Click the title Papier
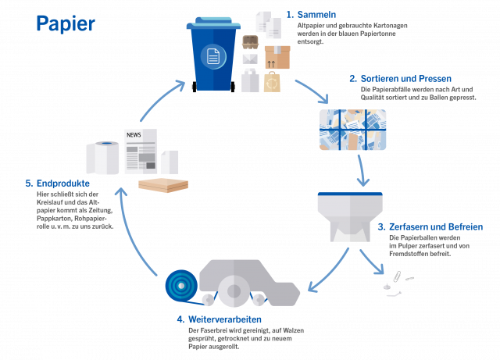66,24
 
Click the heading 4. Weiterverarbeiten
219,319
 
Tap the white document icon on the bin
212,56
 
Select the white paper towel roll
102,159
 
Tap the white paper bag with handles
250,80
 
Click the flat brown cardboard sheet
162,185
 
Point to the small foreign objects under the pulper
395,282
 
